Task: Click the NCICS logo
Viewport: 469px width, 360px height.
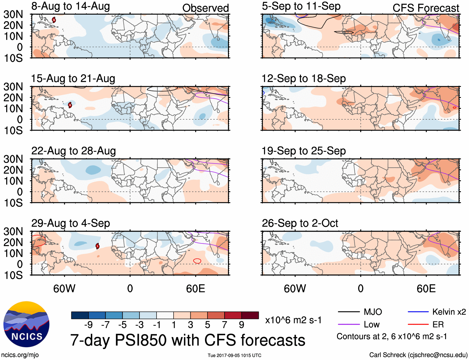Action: pyautogui.click(x=26, y=324)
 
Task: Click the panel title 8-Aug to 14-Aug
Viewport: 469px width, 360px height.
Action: pyautogui.click(x=71, y=6)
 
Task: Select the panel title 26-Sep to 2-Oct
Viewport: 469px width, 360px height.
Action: pyautogui.click(x=300, y=223)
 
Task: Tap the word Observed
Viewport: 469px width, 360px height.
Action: pyautogui.click(x=205, y=8)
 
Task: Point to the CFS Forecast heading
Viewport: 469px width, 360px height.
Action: pyautogui.click(x=426, y=8)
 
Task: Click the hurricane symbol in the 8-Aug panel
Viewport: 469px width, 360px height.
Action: pyautogui.click(x=54, y=20)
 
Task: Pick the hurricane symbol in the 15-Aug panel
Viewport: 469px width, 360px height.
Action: pyautogui.click(x=70, y=105)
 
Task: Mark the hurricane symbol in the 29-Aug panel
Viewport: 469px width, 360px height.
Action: pyautogui.click(x=98, y=246)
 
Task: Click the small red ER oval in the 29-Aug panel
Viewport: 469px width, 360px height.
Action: pyautogui.click(x=197, y=261)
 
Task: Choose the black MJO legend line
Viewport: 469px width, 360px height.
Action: pyautogui.click(x=348, y=312)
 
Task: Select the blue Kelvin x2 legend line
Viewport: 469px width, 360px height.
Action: pyautogui.click(x=418, y=312)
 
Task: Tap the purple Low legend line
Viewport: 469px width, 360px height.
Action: pyautogui.click(x=348, y=325)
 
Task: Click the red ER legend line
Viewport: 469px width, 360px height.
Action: pyautogui.click(x=418, y=325)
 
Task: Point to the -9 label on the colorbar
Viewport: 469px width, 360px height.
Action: pyautogui.click(x=89, y=325)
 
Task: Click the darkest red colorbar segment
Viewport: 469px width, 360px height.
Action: pyautogui.click(x=250, y=315)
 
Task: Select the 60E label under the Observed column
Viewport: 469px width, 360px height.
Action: pyautogui.click(x=195, y=288)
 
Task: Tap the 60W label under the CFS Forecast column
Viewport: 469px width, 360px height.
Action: pyautogui.click(x=295, y=288)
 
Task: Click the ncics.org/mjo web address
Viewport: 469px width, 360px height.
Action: pyautogui.click(x=20, y=355)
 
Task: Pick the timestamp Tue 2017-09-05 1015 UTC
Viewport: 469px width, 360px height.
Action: pyautogui.click(x=234, y=355)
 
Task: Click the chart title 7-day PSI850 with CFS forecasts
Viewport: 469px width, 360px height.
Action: pyautogui.click(x=188, y=340)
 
